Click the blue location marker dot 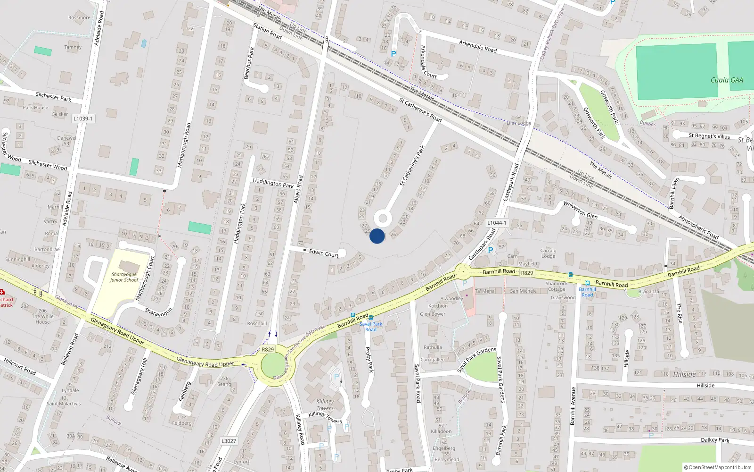(377, 236)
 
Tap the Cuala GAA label (727, 80)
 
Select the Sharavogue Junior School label (124, 277)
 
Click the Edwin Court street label (324, 253)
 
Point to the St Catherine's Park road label (412, 166)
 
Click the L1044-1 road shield (497, 223)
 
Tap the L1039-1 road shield (83, 118)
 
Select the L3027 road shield (229, 441)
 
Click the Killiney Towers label (325, 405)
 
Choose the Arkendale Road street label (478, 46)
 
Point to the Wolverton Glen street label (580, 210)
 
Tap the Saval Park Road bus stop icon (371, 318)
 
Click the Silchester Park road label (53, 97)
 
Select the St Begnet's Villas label (709, 136)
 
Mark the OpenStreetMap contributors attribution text (718, 467)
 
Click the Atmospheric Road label (698, 227)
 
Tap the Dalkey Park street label (715, 440)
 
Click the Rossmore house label (79, 18)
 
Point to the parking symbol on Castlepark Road (490, 250)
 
